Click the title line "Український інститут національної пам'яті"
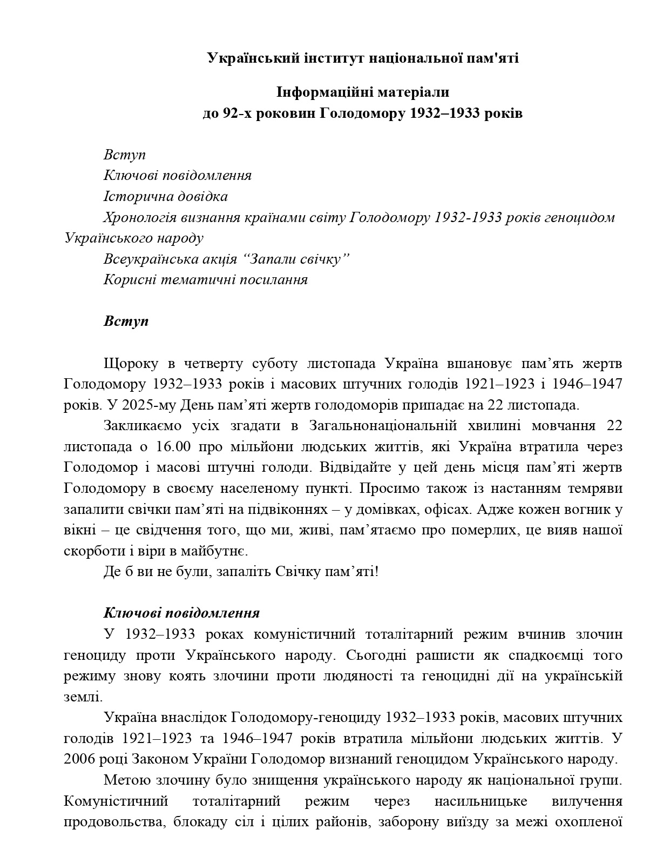tap(363, 58)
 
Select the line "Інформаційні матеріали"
tap(363, 92)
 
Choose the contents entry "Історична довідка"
tap(166, 196)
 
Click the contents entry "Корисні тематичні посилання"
tap(206, 280)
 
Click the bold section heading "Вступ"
tap(126, 321)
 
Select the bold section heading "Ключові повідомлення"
tap(181, 613)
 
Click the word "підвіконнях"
tap(287, 510)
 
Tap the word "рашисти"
tap(439, 655)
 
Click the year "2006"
tap(79, 759)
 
